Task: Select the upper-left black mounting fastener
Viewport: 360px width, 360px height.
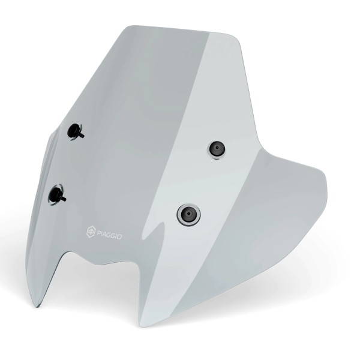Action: [76, 131]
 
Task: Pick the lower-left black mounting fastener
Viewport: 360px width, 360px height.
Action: [58, 193]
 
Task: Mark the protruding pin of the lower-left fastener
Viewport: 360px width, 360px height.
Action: [63, 197]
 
